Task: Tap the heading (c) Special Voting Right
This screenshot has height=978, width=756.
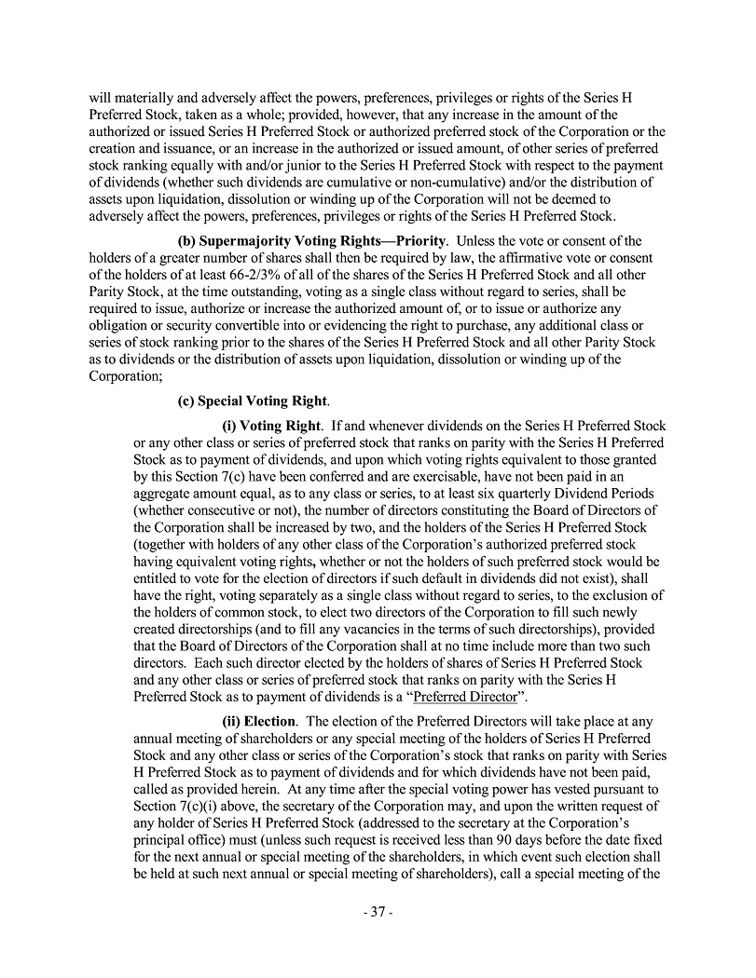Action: [253, 401]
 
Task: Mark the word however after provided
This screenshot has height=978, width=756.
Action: [365, 115]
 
